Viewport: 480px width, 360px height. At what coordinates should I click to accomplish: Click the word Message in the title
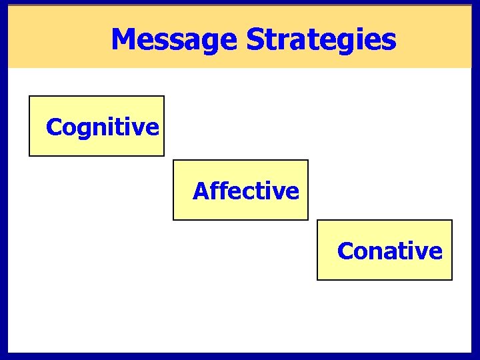(x=173, y=39)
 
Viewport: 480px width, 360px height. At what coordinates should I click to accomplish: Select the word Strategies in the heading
(x=321, y=39)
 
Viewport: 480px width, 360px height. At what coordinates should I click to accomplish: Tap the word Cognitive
(x=103, y=127)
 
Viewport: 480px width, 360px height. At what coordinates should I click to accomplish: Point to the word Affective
(x=246, y=191)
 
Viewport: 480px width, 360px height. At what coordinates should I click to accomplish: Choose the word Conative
(x=390, y=251)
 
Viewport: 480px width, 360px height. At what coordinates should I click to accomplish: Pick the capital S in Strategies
(x=255, y=39)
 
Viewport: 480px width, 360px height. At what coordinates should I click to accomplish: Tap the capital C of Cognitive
(x=53, y=127)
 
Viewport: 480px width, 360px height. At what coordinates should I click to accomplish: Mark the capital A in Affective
(x=201, y=191)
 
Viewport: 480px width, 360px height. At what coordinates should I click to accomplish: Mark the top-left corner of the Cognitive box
(x=29, y=96)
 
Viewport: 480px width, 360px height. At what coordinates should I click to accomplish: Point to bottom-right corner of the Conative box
(x=452, y=279)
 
